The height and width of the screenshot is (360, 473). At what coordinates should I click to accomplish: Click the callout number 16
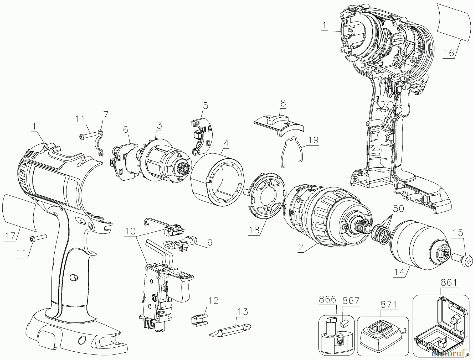pos(449,53)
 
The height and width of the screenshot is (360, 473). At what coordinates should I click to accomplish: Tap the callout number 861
pos(449,283)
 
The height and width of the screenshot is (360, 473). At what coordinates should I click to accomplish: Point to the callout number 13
pos(243,312)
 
